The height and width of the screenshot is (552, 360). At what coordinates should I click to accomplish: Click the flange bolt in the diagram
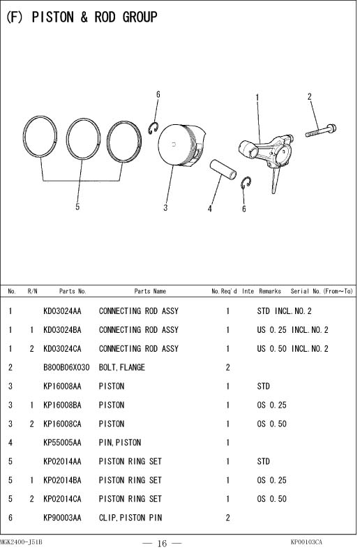[x=321, y=131]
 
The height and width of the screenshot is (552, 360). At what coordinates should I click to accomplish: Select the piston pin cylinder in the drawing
[x=223, y=170]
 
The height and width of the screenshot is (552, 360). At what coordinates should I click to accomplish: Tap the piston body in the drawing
[x=181, y=144]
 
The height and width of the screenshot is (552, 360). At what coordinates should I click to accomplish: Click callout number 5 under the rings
[x=77, y=207]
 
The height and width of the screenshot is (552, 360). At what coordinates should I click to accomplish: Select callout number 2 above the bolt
[x=309, y=96]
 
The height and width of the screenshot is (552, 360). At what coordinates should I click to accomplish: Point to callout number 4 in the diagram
[x=210, y=209]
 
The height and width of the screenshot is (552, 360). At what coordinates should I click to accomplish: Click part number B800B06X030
[x=66, y=368]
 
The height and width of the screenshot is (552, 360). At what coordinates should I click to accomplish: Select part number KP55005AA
[x=62, y=442]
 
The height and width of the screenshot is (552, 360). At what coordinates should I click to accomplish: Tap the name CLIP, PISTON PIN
[x=130, y=518]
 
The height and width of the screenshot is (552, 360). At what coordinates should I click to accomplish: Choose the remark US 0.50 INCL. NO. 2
[x=292, y=349]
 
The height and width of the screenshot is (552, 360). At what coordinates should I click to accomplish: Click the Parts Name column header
[x=150, y=291]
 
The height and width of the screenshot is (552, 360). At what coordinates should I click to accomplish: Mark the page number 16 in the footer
[x=162, y=543]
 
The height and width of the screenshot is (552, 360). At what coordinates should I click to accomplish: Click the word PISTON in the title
[x=53, y=17]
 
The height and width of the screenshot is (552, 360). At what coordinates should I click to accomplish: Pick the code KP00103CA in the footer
[x=306, y=542]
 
